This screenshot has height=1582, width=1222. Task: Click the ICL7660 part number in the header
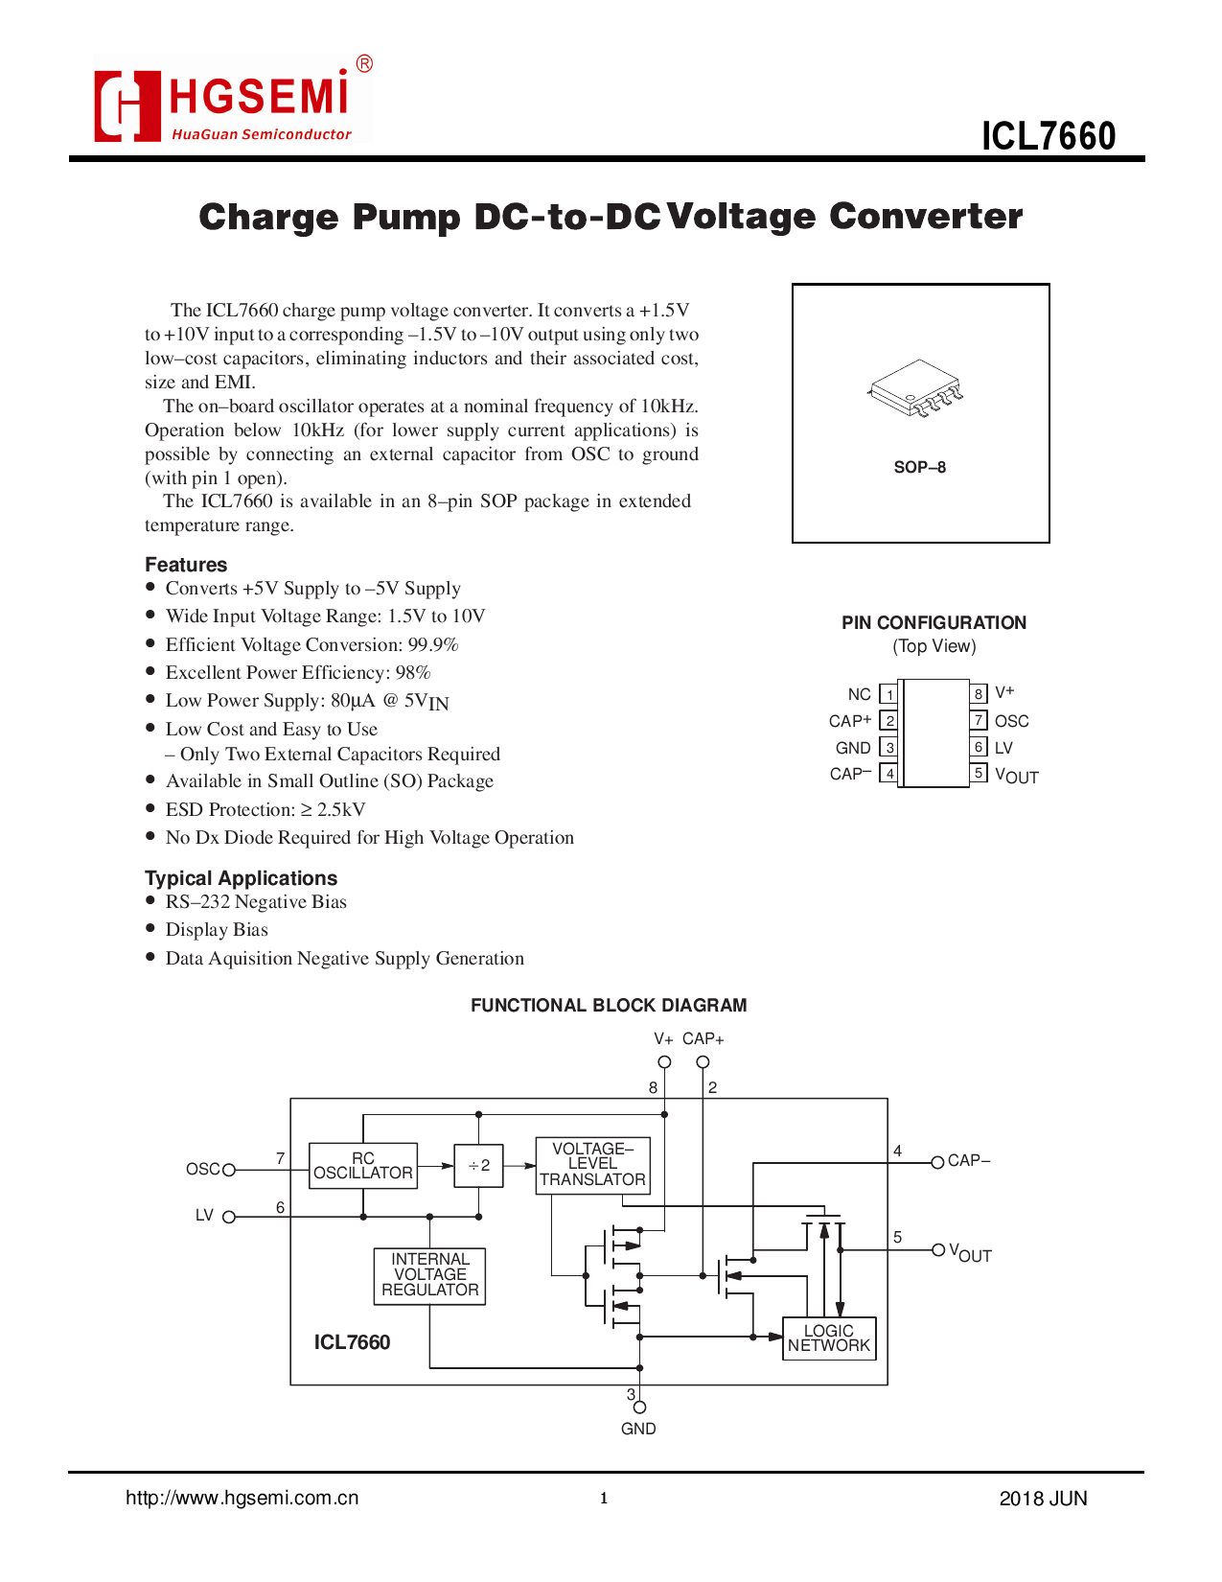pos(1048,136)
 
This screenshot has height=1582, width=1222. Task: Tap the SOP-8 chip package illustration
pos(916,388)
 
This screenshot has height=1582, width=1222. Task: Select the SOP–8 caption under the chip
pos(919,467)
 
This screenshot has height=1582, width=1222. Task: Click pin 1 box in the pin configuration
pos(888,694)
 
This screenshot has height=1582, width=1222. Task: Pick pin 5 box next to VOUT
pos(979,773)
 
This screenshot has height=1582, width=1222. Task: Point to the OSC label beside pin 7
pos(1011,721)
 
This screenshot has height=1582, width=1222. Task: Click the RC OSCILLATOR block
pos(363,1166)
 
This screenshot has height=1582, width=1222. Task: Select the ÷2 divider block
pos(478,1166)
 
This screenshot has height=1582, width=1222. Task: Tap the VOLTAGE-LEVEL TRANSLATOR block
pos(592,1165)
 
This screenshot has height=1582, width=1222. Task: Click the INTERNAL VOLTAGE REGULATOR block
pos(429,1275)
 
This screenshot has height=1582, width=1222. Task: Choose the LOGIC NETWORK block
pos(828,1338)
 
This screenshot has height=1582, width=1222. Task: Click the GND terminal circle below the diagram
pos(639,1407)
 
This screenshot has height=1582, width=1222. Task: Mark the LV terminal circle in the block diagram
pos(229,1217)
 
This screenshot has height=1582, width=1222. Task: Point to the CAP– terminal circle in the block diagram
pos(937,1162)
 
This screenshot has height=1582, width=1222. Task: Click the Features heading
pos(186,565)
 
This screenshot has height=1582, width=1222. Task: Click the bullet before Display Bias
pos(150,928)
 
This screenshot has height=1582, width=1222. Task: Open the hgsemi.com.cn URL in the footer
pos(242,1498)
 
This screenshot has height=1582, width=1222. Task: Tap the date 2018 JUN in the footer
pos(1043,1499)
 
